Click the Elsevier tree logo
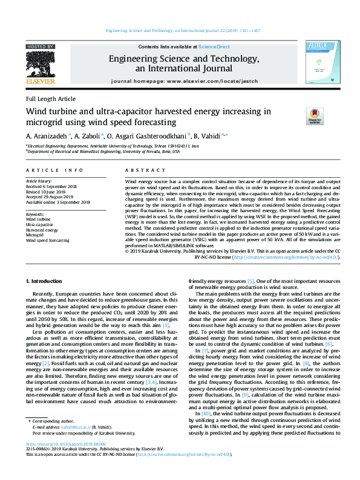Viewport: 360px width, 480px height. point(41,63)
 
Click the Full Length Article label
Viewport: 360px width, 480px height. point(51,99)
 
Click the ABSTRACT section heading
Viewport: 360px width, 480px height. point(140,171)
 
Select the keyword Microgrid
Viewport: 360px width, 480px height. point(35,235)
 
